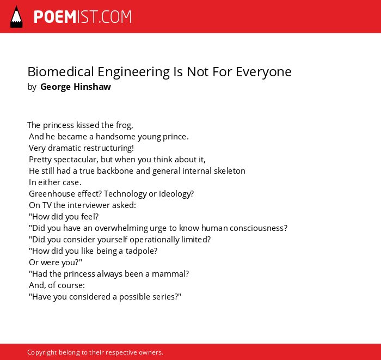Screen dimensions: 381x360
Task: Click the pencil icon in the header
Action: [x=16, y=17]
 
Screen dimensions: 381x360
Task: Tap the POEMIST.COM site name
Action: [x=83, y=17]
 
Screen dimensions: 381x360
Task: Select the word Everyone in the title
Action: [x=263, y=72]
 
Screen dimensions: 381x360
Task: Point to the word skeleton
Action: [x=229, y=171]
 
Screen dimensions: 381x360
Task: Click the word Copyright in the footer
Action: [x=42, y=352]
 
